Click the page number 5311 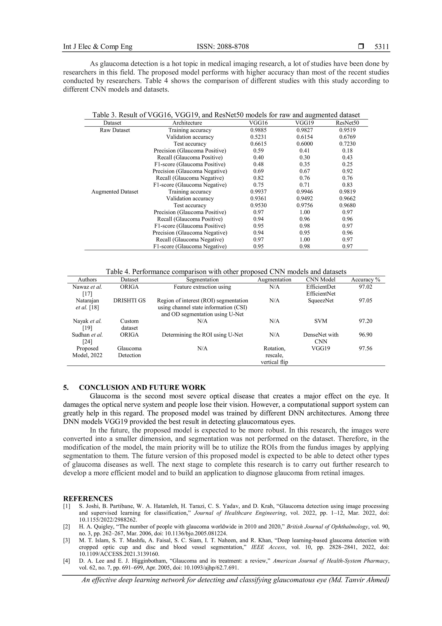(x=382, y=47)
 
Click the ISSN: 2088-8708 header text (x=223, y=47)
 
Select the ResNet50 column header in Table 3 (x=347, y=123)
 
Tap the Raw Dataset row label (x=115, y=130)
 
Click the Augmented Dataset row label (x=115, y=192)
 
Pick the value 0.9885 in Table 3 (x=258, y=130)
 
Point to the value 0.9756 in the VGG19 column (x=305, y=205)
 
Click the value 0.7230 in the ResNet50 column (x=347, y=144)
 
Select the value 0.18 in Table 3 (x=347, y=150)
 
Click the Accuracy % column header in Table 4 (x=365, y=279)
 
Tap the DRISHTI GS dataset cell (x=129, y=300)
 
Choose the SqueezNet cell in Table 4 (x=321, y=300)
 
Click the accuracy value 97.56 (x=365, y=348)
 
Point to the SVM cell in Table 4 (x=321, y=321)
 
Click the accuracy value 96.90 (x=365, y=335)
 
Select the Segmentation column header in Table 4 (x=202, y=279)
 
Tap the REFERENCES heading (x=88, y=499)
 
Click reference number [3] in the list (x=67, y=540)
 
